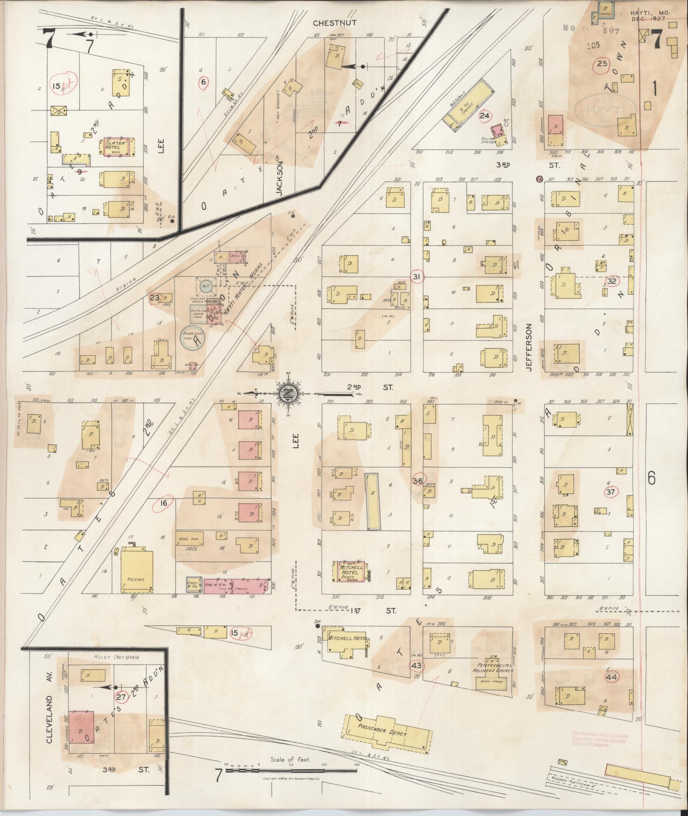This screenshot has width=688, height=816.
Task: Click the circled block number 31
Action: pos(417,277)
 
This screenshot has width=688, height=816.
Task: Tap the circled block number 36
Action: pos(418,481)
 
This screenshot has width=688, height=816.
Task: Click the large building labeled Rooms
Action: pos(136,572)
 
